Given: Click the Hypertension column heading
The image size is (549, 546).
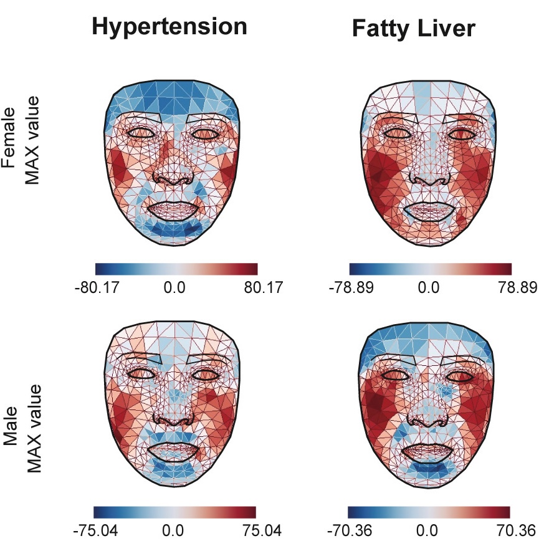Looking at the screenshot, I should tap(169, 27).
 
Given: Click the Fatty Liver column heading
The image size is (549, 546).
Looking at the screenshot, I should tap(423, 28).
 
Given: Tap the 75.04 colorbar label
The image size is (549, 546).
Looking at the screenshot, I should tap(255, 531).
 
